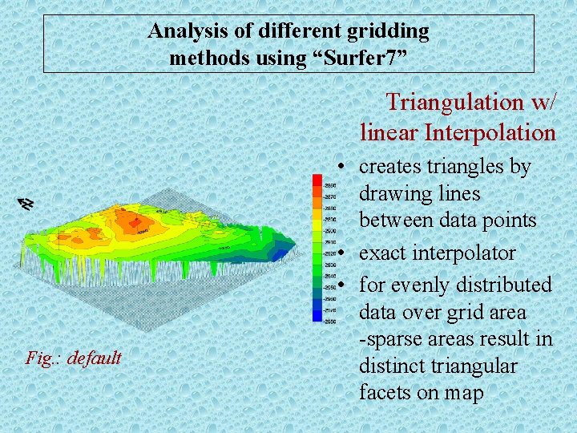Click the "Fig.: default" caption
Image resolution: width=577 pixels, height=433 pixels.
click(x=73, y=358)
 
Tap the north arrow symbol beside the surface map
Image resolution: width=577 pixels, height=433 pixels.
click(x=26, y=204)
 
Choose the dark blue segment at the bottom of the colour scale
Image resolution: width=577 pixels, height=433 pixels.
click(x=317, y=318)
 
